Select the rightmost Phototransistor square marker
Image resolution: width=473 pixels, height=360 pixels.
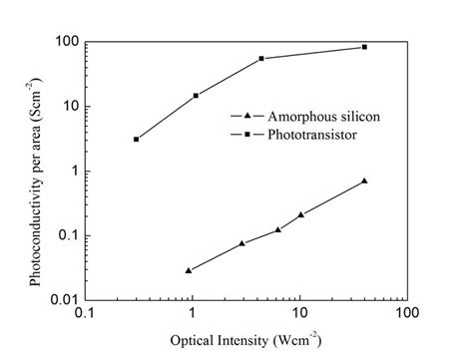[364, 47]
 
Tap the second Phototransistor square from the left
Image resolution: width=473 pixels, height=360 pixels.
[196, 96]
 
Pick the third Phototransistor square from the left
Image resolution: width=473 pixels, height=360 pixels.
[261, 59]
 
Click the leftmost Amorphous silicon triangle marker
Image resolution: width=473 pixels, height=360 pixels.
[189, 270]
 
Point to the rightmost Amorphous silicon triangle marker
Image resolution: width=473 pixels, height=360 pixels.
[364, 180]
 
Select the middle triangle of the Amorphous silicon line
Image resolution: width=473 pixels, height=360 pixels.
[278, 229]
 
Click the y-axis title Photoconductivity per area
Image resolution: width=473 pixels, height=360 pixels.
[36, 172]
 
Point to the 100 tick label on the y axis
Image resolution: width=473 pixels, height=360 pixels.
[65, 42]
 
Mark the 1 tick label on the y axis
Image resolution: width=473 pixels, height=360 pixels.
[73, 171]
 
